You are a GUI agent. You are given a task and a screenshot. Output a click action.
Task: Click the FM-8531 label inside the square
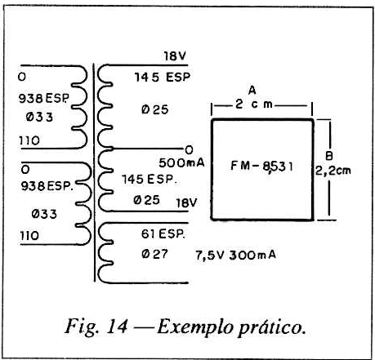tap(262, 166)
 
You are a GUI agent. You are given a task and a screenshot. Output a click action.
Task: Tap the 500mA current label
tap(181, 162)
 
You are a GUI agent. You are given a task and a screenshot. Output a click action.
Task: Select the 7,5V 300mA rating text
tap(236, 256)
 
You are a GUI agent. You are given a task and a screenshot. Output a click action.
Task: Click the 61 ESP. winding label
tap(163, 233)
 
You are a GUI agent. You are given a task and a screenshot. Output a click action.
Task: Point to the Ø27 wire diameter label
tap(154, 254)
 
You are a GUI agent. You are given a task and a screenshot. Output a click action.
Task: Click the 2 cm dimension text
tap(254, 104)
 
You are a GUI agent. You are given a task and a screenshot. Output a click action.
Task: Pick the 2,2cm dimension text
tap(333, 171)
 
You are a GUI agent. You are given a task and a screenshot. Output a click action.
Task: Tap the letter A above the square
tap(252, 90)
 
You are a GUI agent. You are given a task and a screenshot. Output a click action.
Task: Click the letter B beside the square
tap(329, 156)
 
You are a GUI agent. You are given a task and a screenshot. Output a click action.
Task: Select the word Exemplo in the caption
tap(194, 327)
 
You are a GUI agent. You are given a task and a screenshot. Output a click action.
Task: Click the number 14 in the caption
tap(117, 326)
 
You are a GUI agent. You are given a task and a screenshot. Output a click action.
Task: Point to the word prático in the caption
tap(271, 327)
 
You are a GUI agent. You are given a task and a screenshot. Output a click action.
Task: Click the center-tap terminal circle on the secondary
tap(189, 149)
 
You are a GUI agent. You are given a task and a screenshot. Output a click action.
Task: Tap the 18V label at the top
tap(175, 56)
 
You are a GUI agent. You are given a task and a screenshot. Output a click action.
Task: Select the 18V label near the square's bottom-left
tap(186, 203)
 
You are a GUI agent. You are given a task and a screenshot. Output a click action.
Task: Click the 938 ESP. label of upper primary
tap(44, 98)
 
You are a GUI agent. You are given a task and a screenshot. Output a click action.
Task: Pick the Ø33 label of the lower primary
tap(44, 214)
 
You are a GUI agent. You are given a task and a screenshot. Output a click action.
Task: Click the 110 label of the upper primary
tap(29, 140)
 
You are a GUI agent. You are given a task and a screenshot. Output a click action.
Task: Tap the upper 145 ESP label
tap(163, 78)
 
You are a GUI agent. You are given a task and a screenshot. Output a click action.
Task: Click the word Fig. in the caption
tap(82, 326)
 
